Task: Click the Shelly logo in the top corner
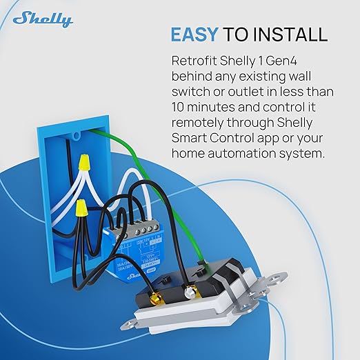(x=42, y=19)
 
